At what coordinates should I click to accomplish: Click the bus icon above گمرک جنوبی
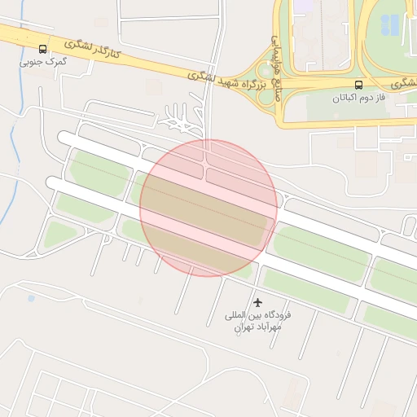(42, 49)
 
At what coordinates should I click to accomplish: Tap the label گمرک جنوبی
(42, 61)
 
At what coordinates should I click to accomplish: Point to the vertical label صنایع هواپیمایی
(275, 60)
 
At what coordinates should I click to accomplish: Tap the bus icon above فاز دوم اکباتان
(358, 85)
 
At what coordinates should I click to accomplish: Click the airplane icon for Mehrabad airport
(259, 303)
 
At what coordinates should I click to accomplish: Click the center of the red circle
(208, 208)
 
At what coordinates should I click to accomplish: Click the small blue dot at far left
(31, 299)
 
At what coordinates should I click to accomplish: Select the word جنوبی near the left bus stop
(32, 61)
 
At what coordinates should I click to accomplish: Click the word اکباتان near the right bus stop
(345, 98)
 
